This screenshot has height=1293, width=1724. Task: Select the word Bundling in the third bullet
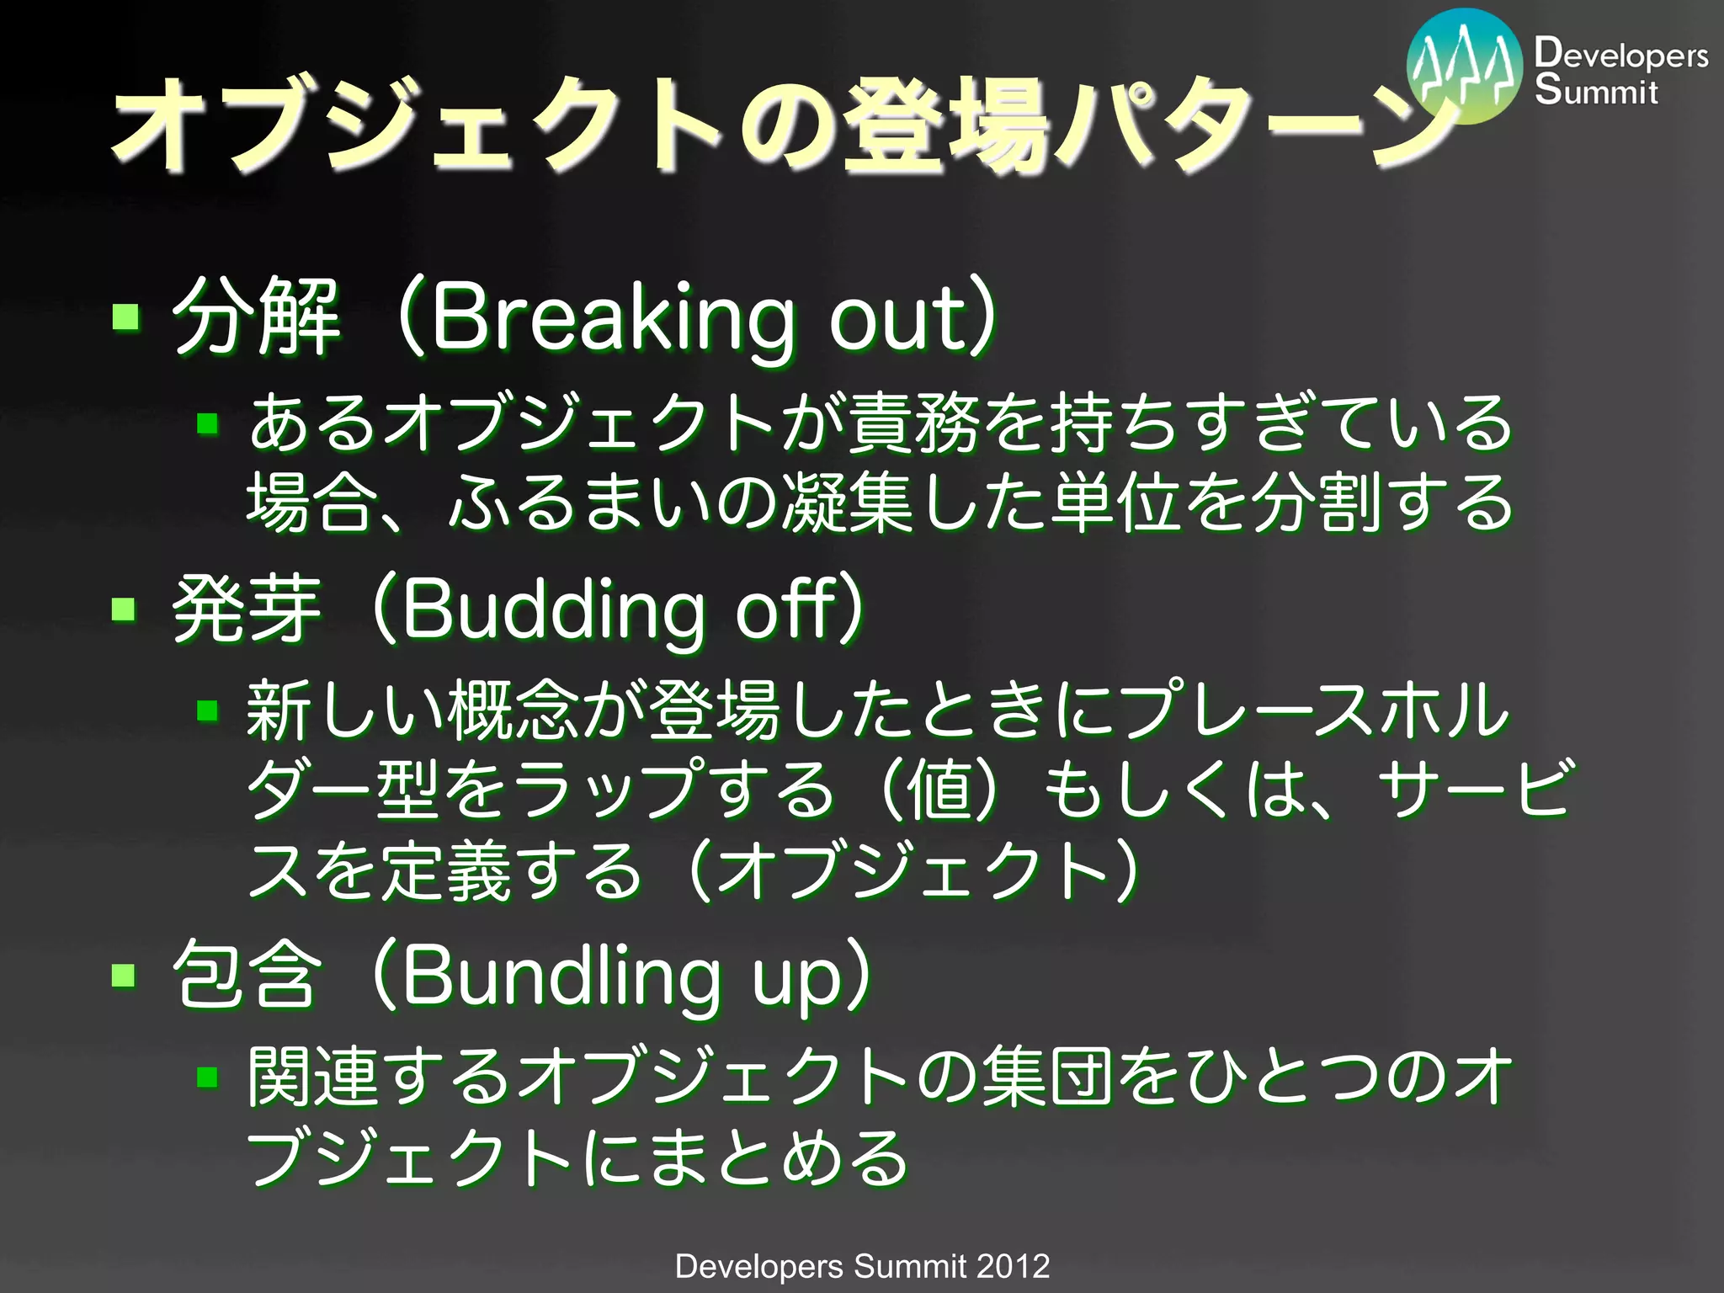point(561,976)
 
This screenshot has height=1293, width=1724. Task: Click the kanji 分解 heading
point(257,317)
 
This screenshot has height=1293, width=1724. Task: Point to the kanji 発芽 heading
point(247,609)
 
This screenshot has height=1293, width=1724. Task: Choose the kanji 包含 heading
point(247,975)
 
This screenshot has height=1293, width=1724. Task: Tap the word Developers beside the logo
point(1620,54)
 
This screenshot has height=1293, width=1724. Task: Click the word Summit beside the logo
point(1596,90)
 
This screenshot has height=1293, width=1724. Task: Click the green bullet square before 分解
point(126,317)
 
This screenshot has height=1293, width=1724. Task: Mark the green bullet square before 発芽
point(125,608)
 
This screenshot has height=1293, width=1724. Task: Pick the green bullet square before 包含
point(125,975)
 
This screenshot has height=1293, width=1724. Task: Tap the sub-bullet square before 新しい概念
point(208,712)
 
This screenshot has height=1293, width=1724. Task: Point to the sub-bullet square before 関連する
point(208,1077)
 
